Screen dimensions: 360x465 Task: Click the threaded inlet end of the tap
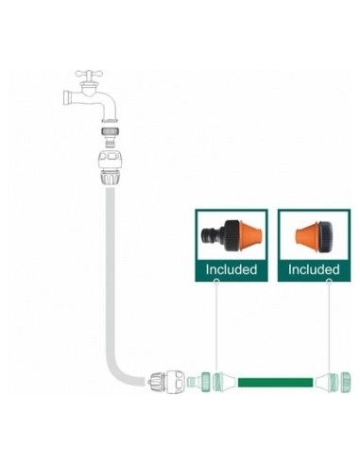click(x=65, y=97)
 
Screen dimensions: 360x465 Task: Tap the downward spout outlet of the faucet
click(x=107, y=115)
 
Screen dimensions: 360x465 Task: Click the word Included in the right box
click(x=314, y=269)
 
